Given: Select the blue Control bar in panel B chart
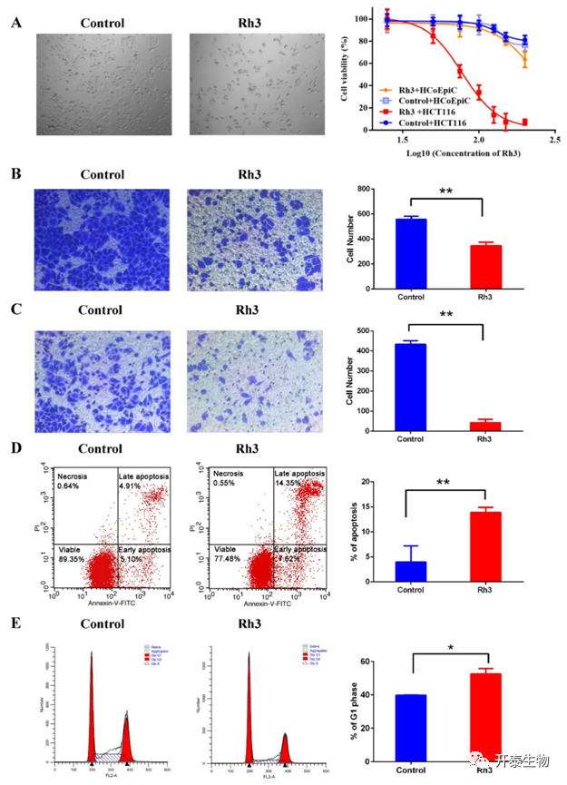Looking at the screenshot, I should [x=412, y=255].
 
